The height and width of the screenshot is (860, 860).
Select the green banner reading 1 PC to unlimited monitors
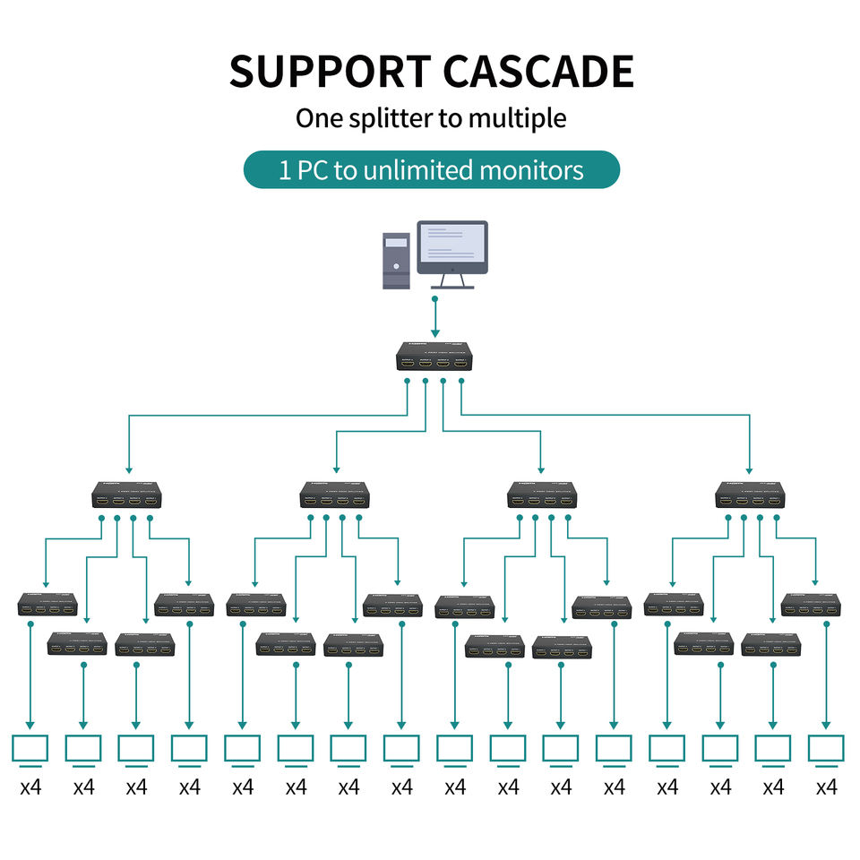coord(431,169)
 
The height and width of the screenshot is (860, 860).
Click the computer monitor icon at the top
coord(452,251)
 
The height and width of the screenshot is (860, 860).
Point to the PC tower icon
coord(396,260)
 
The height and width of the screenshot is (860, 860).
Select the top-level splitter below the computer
coord(434,356)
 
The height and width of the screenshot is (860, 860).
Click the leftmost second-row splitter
coord(129,494)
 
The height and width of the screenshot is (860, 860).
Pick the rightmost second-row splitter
coord(751,494)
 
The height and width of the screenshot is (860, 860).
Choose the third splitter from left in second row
coord(542,494)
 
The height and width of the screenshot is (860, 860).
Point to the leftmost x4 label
coord(30,787)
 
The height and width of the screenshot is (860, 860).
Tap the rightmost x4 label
coord(826,787)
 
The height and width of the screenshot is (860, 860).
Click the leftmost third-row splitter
coord(47,605)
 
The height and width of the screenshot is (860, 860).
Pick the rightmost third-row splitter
coord(811,605)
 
